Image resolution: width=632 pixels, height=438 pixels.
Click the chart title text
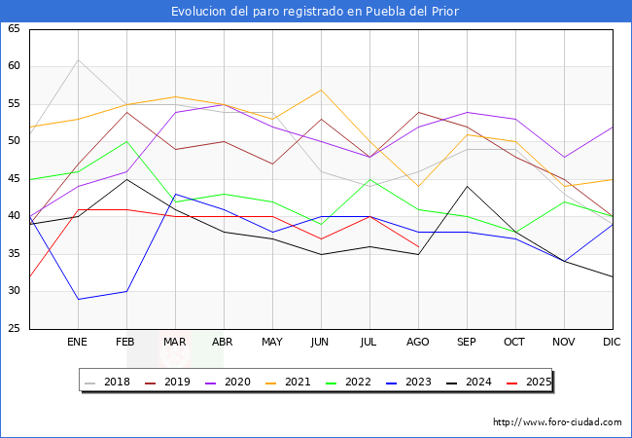[x=315, y=12]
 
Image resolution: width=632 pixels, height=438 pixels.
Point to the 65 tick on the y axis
[x=14, y=29]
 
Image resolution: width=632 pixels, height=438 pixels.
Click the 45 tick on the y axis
[x=14, y=179]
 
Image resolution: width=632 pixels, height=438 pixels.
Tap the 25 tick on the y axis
[x=14, y=329]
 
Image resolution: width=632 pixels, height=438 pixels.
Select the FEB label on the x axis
[x=126, y=343]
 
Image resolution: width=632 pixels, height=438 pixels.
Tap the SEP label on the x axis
[x=467, y=343]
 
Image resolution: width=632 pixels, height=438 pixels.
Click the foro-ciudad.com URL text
[x=557, y=422]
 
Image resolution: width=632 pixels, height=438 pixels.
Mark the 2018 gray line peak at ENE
[x=78, y=59]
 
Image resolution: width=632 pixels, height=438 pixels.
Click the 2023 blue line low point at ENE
[x=78, y=299]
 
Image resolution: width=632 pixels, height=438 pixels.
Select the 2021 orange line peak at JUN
[x=321, y=90]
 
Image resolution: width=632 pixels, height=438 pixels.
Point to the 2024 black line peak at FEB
[x=126, y=179]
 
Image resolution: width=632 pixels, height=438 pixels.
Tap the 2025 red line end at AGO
[x=418, y=246]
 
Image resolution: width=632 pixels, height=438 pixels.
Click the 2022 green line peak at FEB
[x=126, y=142]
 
